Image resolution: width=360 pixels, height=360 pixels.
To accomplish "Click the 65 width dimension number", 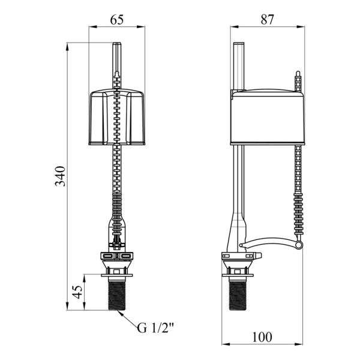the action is [117, 20].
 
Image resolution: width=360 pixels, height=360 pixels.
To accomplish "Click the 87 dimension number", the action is [268, 20].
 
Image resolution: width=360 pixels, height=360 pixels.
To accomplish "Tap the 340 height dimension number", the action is [61, 176].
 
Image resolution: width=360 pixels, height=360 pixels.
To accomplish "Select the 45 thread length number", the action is [77, 292].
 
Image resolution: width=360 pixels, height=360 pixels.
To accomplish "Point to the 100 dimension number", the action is [262, 337].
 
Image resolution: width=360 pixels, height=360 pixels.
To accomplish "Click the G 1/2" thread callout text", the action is [155, 328].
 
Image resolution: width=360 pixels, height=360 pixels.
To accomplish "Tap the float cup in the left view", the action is [117, 117].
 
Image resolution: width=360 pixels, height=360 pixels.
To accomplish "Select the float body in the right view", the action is [268, 118].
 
